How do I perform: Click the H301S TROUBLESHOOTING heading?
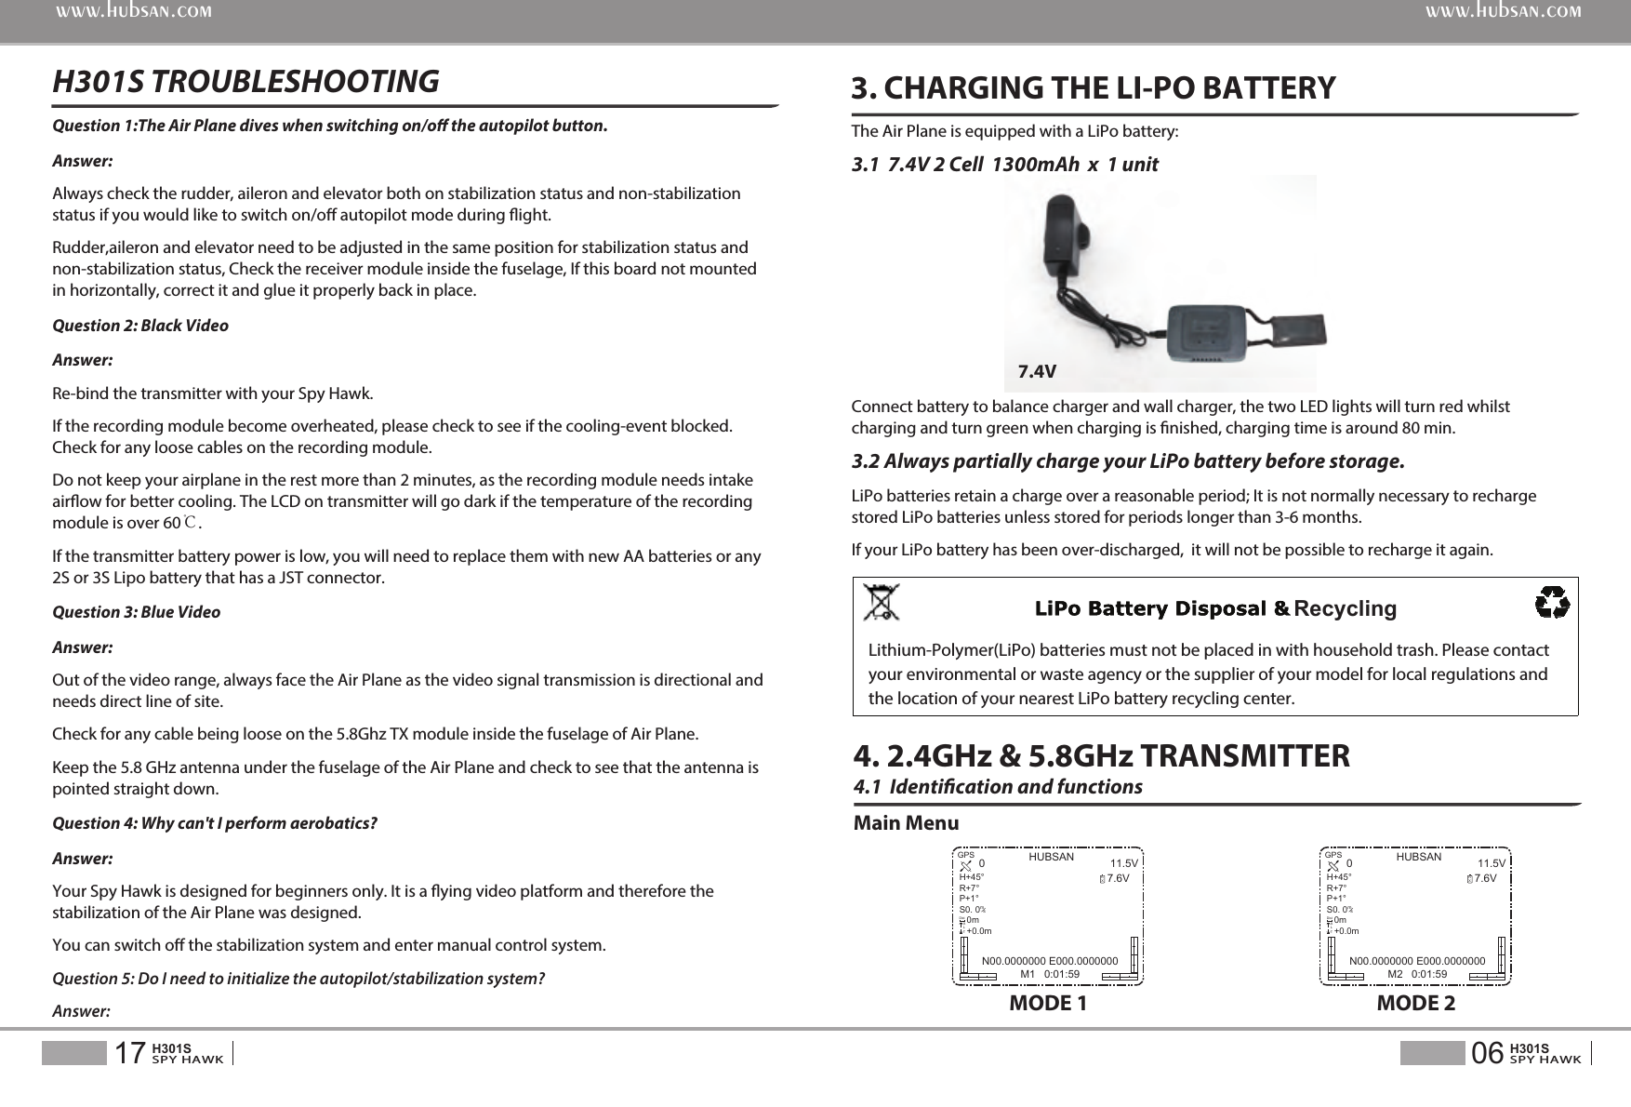[245, 82]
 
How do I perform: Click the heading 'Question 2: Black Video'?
[140, 326]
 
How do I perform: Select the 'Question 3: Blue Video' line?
[137, 612]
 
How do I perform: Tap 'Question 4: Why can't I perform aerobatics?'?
[215, 823]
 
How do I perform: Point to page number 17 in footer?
[129, 1053]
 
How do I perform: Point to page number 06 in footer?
[1488, 1053]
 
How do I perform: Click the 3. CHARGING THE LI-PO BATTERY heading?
[1094, 88]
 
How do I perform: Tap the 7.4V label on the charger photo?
[1037, 372]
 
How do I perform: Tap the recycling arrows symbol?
[1552, 603]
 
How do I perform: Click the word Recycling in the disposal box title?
[1345, 609]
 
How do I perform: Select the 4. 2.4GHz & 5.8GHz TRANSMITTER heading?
[1102, 755]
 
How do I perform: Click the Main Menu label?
[906, 823]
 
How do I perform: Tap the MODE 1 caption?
[1048, 1004]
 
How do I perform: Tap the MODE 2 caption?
[1415, 1004]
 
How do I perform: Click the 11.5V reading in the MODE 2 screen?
[1492, 863]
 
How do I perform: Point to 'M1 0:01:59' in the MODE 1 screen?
[1050, 974]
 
